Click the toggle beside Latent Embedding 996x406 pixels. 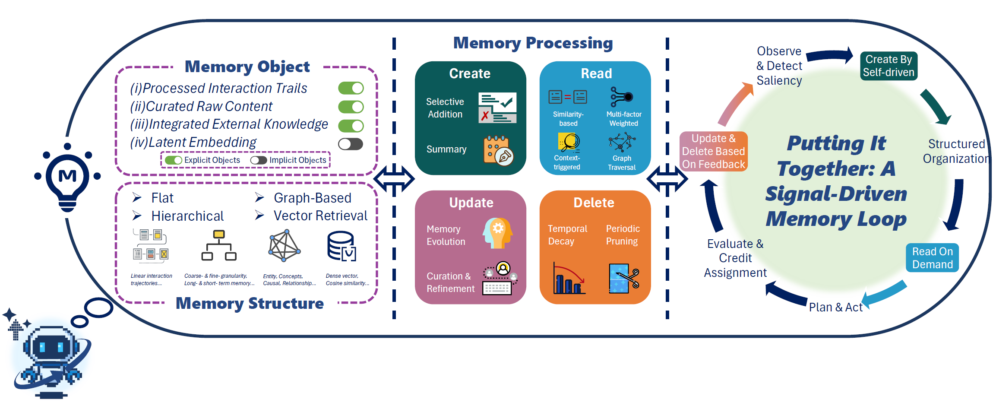point(351,144)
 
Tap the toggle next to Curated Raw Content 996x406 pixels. point(351,107)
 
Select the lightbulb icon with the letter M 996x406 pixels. point(67,177)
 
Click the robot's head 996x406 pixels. point(51,346)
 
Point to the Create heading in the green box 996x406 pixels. point(470,73)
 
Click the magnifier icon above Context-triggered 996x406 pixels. point(569,142)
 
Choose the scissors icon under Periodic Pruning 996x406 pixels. point(623,278)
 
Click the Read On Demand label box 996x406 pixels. point(932,258)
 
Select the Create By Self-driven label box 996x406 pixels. point(888,66)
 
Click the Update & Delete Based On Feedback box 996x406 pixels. point(713,151)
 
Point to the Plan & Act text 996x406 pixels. point(835,307)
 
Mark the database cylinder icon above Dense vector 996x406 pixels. point(341,246)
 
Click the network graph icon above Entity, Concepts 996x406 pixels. point(284,245)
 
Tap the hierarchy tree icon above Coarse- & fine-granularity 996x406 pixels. point(219,245)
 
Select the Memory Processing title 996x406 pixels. point(533,43)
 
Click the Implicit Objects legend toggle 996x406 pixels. point(259,160)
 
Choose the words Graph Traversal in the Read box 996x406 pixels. point(622,163)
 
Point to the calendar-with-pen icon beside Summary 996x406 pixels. point(498,150)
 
